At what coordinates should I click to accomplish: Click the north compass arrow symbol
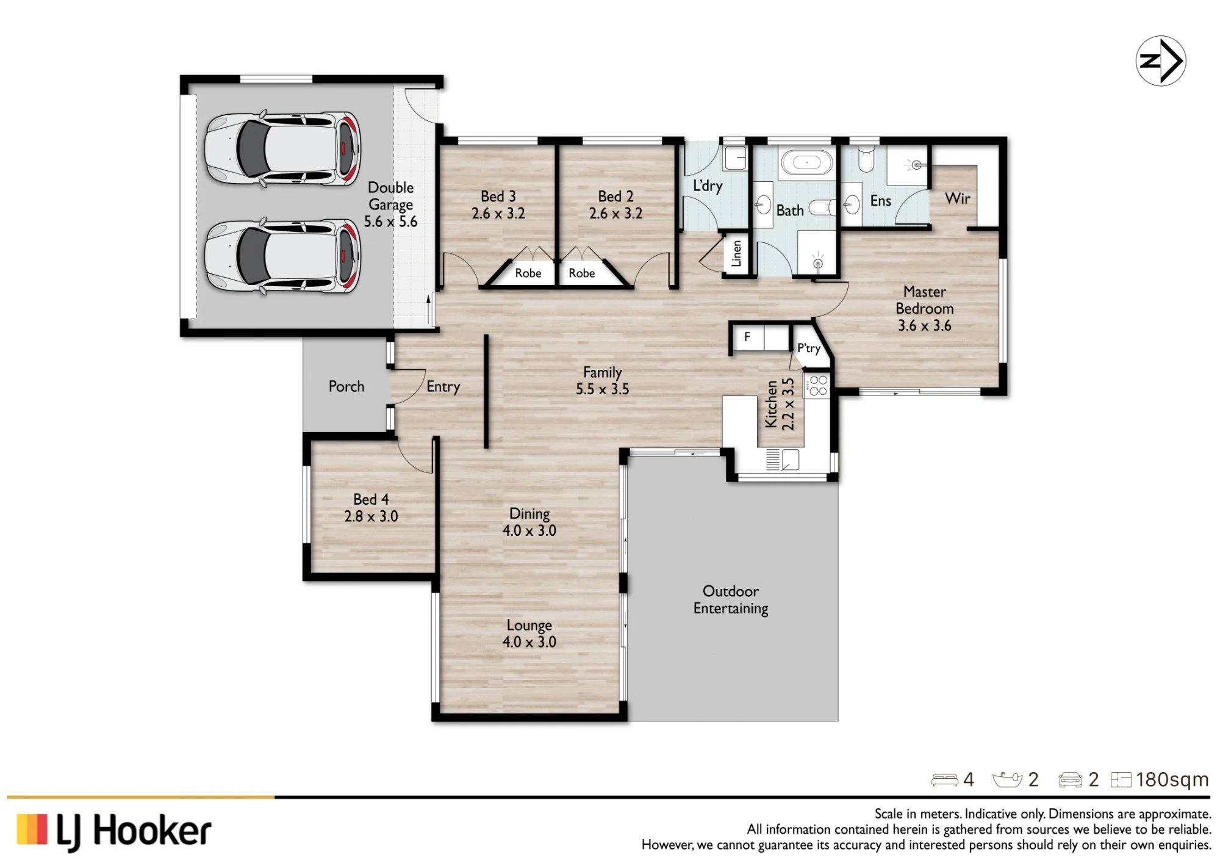click(1160, 61)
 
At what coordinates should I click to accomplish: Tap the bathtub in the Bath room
click(807, 163)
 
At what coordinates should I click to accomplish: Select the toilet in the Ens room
click(866, 158)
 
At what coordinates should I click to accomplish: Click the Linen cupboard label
click(736, 253)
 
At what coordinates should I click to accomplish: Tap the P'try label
click(809, 348)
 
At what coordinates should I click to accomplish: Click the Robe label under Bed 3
click(528, 273)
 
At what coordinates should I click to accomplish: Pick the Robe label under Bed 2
click(581, 273)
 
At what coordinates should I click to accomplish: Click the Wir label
click(957, 198)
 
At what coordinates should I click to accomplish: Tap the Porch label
click(346, 386)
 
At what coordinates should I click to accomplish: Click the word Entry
click(443, 386)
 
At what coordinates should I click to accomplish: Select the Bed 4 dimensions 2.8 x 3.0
click(371, 516)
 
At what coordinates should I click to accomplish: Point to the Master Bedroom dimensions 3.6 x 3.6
click(924, 325)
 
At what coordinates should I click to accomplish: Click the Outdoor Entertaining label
click(731, 600)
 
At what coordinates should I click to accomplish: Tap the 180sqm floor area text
click(1172, 779)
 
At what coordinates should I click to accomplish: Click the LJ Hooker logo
click(114, 831)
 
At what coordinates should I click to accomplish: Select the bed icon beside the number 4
click(944, 780)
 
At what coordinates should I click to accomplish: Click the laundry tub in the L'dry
click(735, 158)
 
